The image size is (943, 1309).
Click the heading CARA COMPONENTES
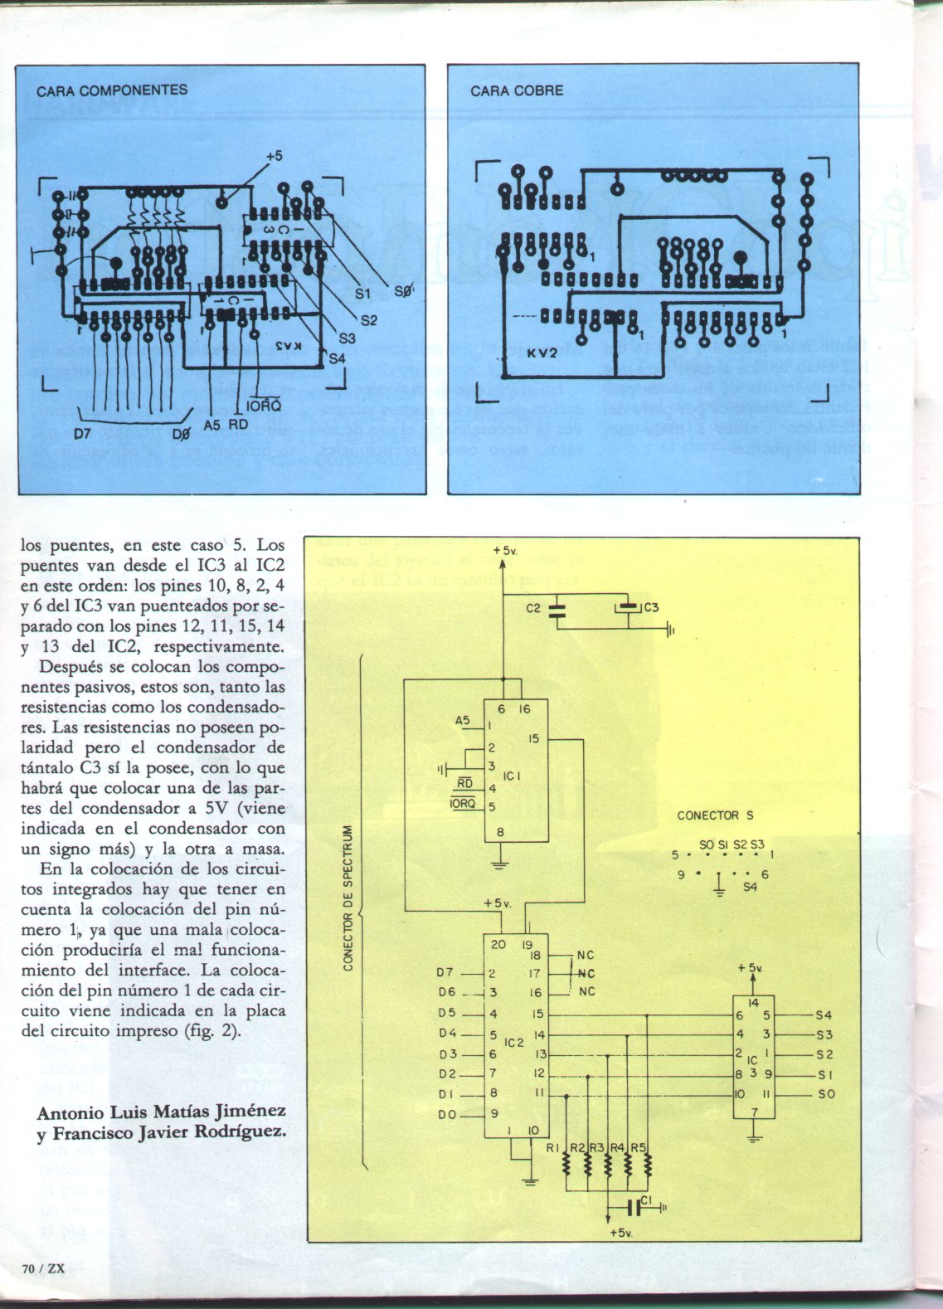click(111, 90)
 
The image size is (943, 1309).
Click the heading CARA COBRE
click(517, 90)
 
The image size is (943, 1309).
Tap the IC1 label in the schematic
click(511, 776)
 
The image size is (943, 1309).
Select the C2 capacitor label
click(534, 608)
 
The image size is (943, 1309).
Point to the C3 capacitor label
click(650, 608)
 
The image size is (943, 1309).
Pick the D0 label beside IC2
click(447, 1114)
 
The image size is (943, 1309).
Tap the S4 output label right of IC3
click(824, 1015)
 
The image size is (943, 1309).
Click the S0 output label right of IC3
click(826, 1095)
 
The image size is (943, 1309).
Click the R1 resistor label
click(553, 1148)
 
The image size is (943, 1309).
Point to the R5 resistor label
click(638, 1148)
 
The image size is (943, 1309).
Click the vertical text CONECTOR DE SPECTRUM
click(349, 897)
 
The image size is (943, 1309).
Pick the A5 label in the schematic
click(463, 721)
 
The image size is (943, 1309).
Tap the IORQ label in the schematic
click(460, 804)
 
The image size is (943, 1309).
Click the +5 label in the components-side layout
click(274, 156)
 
